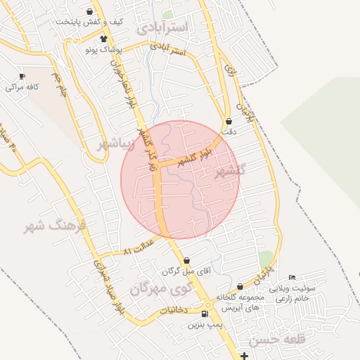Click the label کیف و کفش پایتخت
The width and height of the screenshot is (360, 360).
(x=91, y=22)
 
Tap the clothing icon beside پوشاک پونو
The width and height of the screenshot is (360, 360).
(x=104, y=39)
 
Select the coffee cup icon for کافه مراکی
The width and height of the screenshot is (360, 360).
(x=22, y=76)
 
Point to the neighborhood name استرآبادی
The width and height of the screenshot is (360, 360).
(x=163, y=28)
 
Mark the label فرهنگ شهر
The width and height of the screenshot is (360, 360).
(x=54, y=226)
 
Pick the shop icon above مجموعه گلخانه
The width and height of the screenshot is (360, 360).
(x=240, y=287)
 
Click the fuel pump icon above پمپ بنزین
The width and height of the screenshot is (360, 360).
(x=205, y=314)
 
